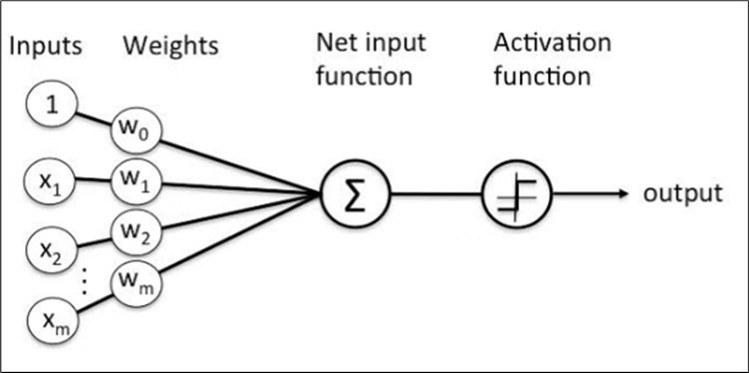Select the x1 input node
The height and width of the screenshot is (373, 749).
coord(50,183)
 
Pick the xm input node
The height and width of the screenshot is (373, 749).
coord(50,320)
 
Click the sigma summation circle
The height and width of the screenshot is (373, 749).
coord(355,192)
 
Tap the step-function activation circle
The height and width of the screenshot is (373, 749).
coord(515,192)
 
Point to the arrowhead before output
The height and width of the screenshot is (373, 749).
coord(623,192)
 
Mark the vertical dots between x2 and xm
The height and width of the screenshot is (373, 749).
coord(85,285)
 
